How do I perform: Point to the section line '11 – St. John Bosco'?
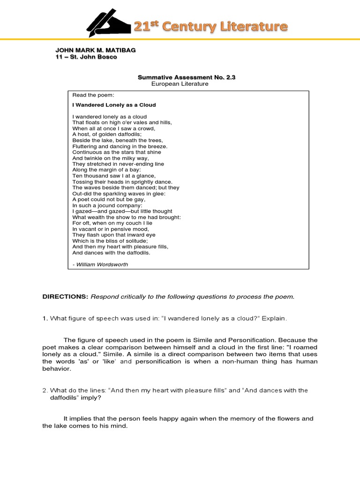click(x=86, y=57)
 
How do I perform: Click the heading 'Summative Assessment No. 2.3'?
click(x=187, y=77)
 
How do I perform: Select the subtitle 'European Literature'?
click(x=180, y=84)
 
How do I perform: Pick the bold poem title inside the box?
click(x=114, y=105)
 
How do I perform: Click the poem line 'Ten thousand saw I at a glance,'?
click(x=114, y=176)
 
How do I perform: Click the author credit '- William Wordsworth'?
click(x=100, y=264)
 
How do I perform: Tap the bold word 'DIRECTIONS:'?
click(x=65, y=297)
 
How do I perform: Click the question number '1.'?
click(x=45, y=319)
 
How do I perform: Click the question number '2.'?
click(x=45, y=390)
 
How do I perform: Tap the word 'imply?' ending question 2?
click(x=92, y=397)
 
